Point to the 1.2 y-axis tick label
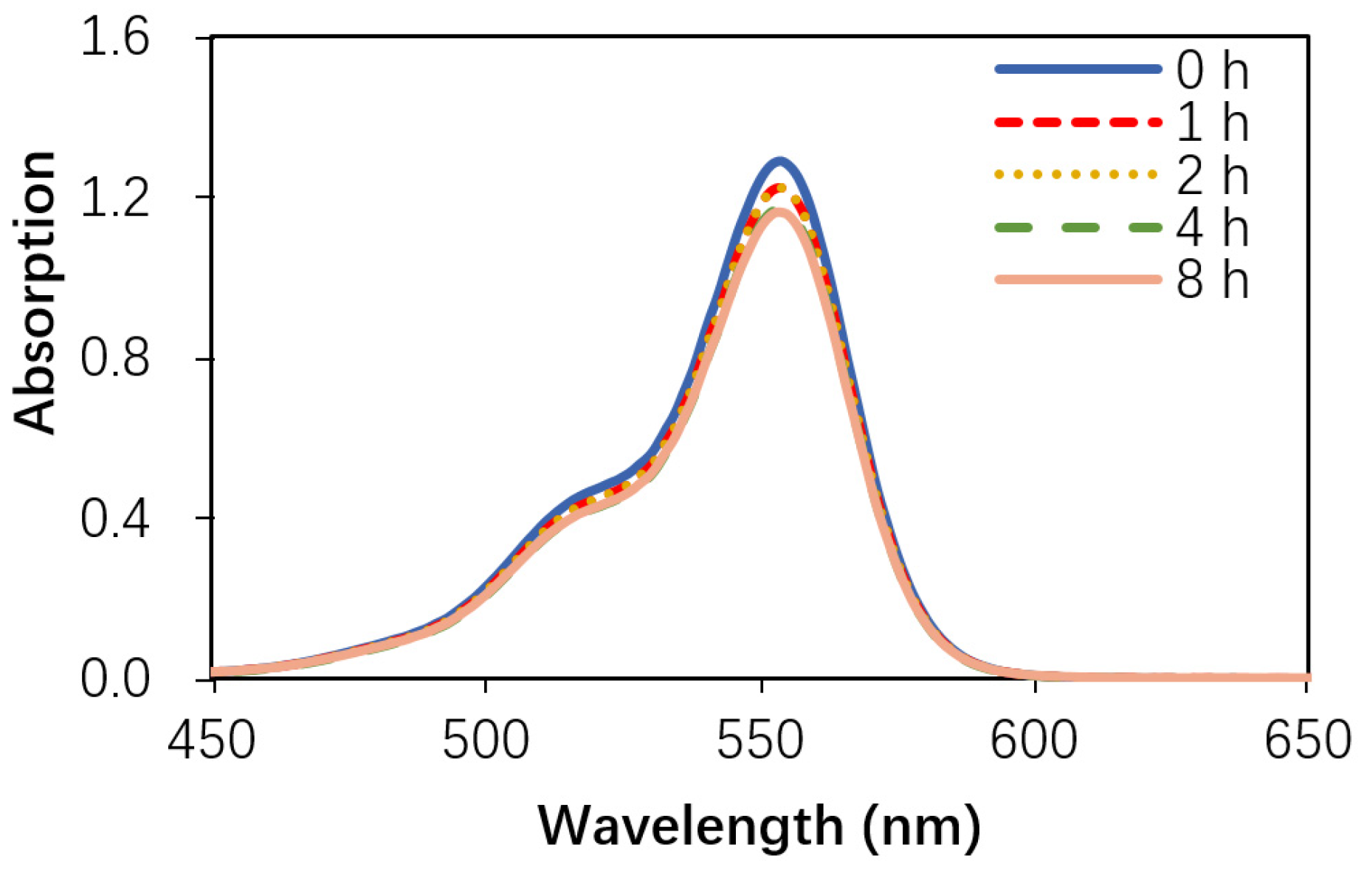114,198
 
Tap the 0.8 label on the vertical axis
114,359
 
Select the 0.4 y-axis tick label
114,519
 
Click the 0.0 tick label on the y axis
114,679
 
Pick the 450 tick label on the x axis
211,741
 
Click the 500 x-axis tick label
486,741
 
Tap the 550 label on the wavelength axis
760,741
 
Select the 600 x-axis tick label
1034,741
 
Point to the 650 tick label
1307,741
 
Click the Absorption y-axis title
35,293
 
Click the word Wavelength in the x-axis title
691,826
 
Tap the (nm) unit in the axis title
921,826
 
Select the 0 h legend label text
1211,71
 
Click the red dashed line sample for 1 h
1078,122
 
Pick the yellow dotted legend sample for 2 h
1078,175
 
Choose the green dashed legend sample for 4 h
1078,227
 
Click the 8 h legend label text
1211,280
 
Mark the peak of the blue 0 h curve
779,161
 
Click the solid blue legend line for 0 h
1078,69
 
